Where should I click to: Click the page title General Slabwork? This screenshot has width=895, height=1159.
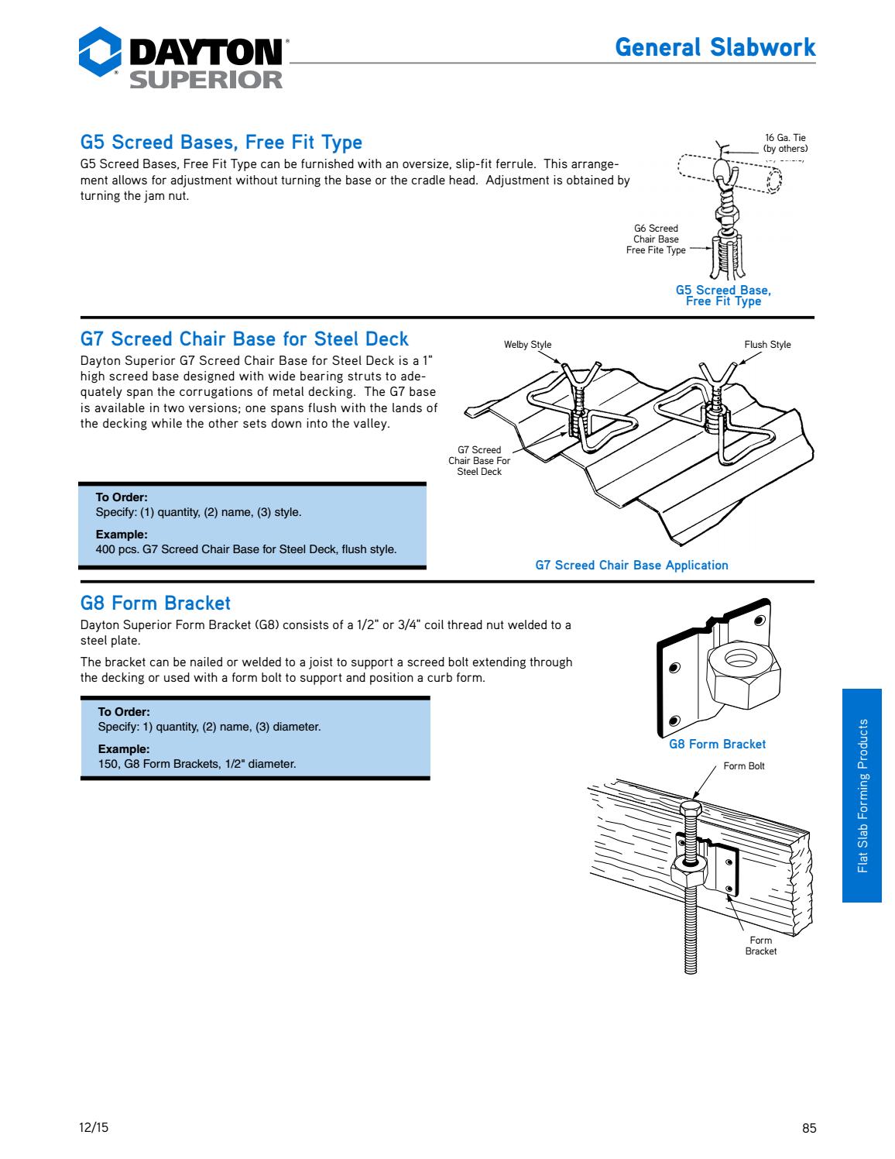(715, 47)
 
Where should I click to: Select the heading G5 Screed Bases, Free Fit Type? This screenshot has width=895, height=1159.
(221, 143)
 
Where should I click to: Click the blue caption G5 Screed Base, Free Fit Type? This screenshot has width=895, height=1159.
(723, 296)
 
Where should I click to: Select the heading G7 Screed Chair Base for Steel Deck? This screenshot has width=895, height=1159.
(245, 339)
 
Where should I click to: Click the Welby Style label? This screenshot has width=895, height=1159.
(527, 345)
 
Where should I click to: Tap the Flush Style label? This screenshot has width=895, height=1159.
(767, 345)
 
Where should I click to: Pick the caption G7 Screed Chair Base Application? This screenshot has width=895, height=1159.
(632, 566)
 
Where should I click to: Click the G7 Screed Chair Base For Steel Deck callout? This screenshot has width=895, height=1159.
(479, 460)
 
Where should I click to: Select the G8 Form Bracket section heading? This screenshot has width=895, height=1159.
(156, 602)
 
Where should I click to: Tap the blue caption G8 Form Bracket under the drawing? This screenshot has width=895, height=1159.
(717, 745)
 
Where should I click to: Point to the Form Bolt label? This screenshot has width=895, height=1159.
(743, 766)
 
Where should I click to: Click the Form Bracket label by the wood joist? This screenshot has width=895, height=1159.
(760, 945)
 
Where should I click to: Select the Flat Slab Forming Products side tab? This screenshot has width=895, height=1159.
(862, 796)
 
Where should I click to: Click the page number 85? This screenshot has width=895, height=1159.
(809, 1128)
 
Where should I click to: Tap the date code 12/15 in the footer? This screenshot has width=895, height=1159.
(94, 1128)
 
